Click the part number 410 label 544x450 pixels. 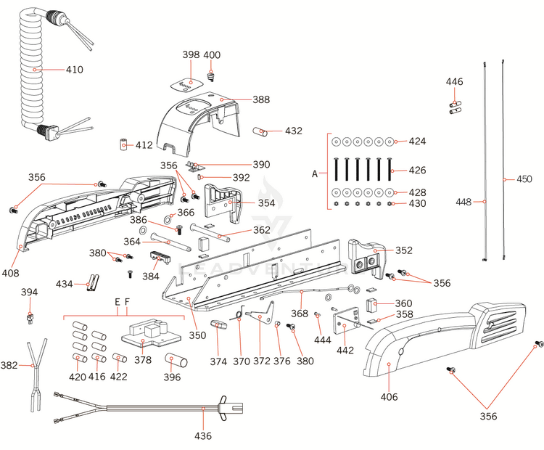(75, 70)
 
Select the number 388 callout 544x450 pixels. (261, 99)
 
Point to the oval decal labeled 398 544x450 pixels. (185, 83)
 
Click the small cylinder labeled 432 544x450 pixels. (260, 131)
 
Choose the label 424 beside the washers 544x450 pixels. (417, 141)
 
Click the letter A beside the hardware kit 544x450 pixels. (315, 174)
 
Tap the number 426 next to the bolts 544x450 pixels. (417, 171)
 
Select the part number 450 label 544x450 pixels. (524, 179)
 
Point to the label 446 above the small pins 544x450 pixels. (454, 82)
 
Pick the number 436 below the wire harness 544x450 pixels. (203, 436)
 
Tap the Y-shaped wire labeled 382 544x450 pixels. (33, 367)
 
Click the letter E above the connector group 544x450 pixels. (117, 301)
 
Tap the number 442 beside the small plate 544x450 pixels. (345, 351)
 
